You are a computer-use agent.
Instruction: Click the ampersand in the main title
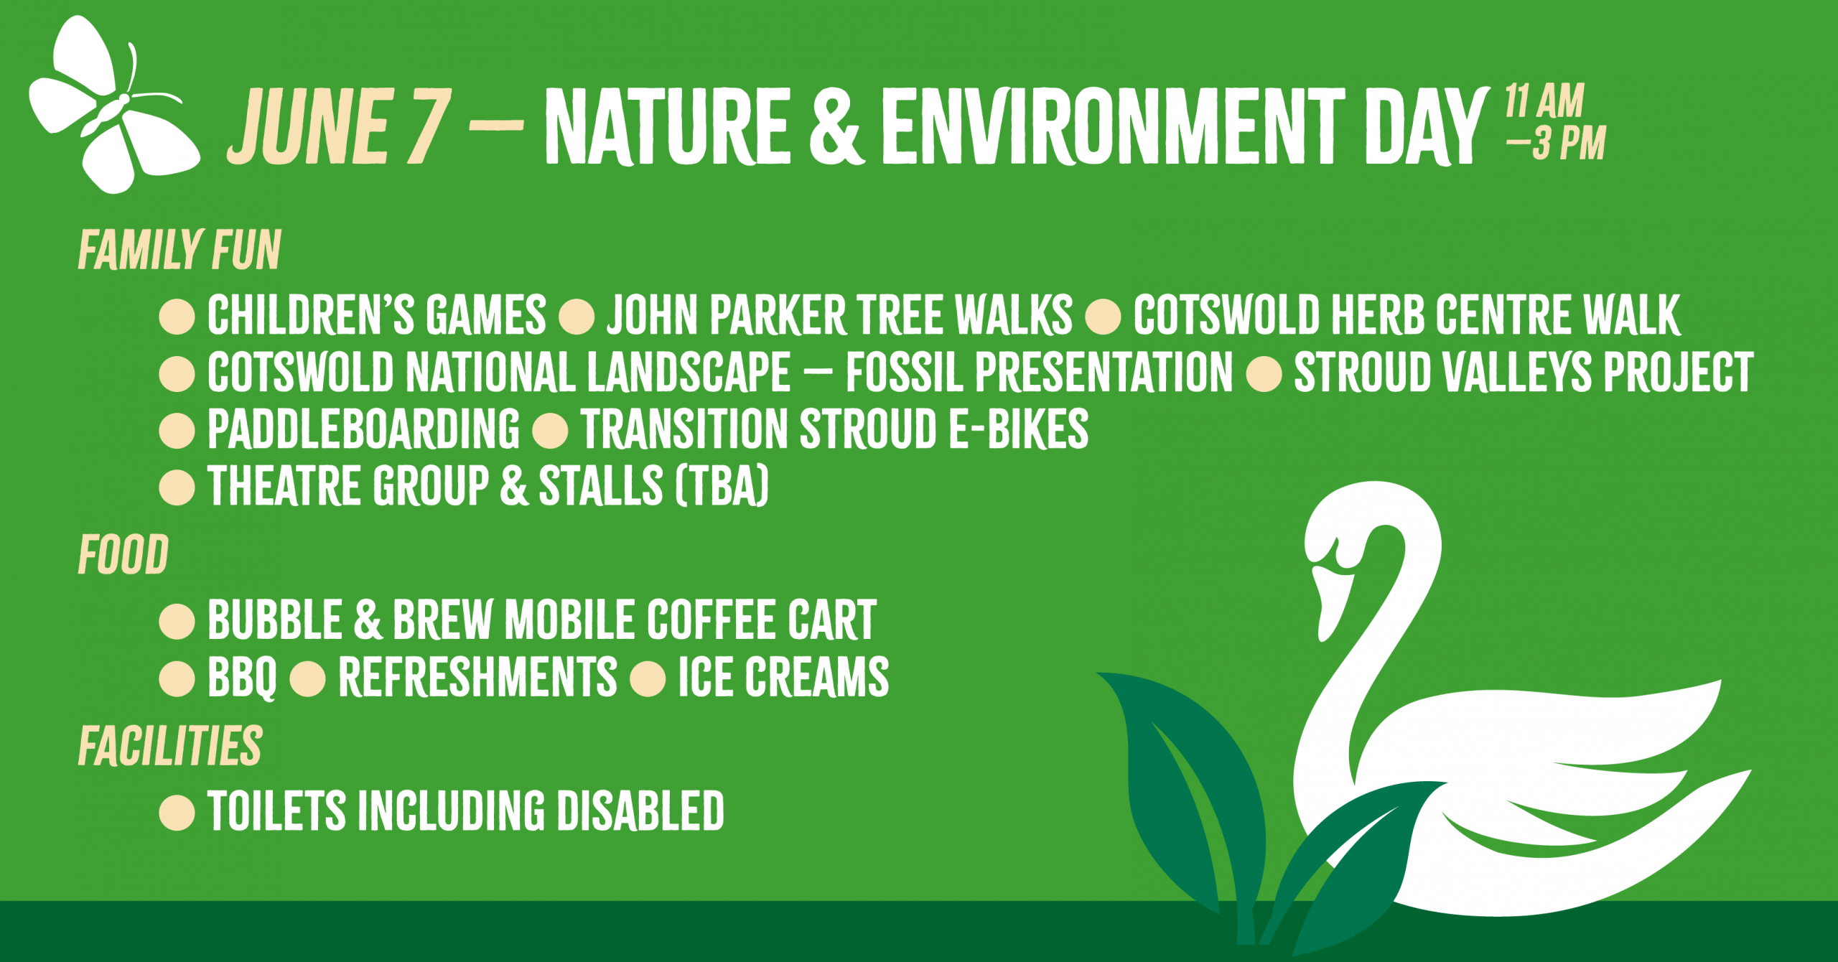[835, 127]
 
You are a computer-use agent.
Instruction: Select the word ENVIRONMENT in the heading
[1113, 127]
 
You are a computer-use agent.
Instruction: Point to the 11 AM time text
[1544, 101]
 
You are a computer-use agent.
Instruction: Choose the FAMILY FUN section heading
[179, 251]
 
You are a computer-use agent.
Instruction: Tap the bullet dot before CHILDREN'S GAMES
[177, 317]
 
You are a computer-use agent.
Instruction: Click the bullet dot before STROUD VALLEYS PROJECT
[1264, 373]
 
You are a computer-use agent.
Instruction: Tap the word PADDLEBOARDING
[363, 429]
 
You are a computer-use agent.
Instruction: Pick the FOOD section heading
[123, 556]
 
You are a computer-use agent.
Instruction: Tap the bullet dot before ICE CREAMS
[648, 678]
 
